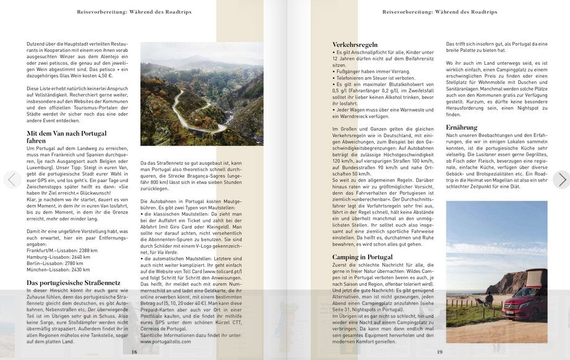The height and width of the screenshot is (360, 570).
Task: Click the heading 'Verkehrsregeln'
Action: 355,45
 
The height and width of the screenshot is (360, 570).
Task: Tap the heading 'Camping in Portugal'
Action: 363,257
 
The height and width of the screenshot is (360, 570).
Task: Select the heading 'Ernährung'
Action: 461,127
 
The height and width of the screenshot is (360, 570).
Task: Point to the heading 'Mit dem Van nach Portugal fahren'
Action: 66,136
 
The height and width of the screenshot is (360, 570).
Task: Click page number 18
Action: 134,351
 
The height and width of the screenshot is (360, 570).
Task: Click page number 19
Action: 440,351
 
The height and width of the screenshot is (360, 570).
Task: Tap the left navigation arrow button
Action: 12,180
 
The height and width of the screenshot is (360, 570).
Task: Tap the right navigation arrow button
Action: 561,180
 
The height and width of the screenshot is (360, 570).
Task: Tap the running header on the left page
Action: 134,12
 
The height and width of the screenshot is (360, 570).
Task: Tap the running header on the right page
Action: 440,12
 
